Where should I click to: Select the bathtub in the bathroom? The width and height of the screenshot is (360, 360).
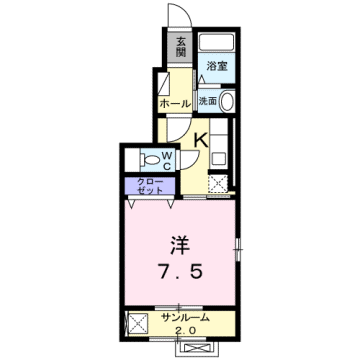pos(214,44)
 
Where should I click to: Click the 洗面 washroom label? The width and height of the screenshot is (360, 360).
pos(207,100)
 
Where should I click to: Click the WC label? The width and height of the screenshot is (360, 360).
pos(169,158)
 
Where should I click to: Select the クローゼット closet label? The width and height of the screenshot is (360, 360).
pos(150,185)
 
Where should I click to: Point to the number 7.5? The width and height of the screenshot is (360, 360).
pos(178,272)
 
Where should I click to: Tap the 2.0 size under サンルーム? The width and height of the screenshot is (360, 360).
pos(185,333)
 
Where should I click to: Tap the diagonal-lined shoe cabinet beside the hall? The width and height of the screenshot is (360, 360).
pos(161,82)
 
